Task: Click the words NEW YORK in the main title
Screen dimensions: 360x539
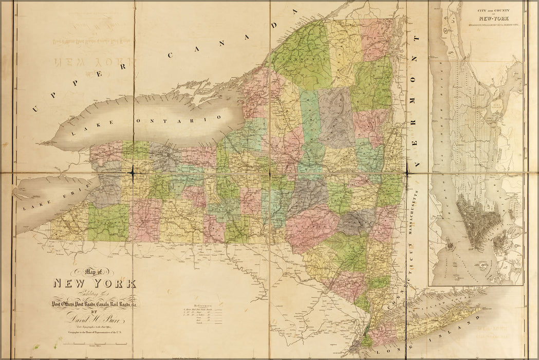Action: click(x=95, y=283)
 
